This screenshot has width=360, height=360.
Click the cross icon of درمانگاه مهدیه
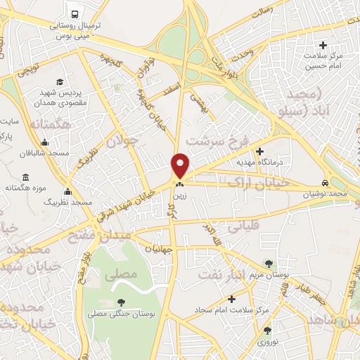[259, 150]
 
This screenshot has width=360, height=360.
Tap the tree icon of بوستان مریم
[268, 264]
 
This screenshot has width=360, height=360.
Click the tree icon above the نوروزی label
[267, 330]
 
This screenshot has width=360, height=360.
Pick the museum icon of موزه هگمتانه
[26, 176]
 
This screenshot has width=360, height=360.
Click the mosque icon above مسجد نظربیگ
[67, 191]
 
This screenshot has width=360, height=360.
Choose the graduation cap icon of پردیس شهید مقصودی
[59, 82]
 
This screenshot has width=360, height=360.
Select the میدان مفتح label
[99, 240]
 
